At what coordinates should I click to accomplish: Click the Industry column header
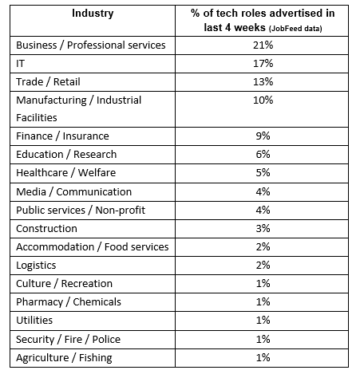point(93,14)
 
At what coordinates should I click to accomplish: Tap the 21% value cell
point(263,45)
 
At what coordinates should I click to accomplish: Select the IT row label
point(21,64)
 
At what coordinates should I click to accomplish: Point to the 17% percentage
point(263,64)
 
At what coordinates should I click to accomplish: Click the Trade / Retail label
point(48,82)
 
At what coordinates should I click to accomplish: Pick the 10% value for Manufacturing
point(263,100)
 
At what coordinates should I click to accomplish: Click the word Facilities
point(37,118)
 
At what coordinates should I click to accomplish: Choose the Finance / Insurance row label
point(62,136)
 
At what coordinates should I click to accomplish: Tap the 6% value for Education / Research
point(263,155)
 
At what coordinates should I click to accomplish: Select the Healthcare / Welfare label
point(66,173)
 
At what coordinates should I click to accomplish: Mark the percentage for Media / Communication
point(263,192)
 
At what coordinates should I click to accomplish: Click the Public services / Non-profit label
point(81,211)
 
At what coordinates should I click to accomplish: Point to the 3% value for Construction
point(263,229)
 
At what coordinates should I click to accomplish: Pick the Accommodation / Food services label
point(93,247)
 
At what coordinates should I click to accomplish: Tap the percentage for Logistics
point(263,266)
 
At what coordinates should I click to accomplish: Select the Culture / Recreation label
point(64,284)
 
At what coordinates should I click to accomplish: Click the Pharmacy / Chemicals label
point(69,302)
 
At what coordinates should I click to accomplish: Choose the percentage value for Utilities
point(263,321)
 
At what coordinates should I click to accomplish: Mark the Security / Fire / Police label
point(69,340)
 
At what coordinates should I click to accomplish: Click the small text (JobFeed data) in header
point(295,29)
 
